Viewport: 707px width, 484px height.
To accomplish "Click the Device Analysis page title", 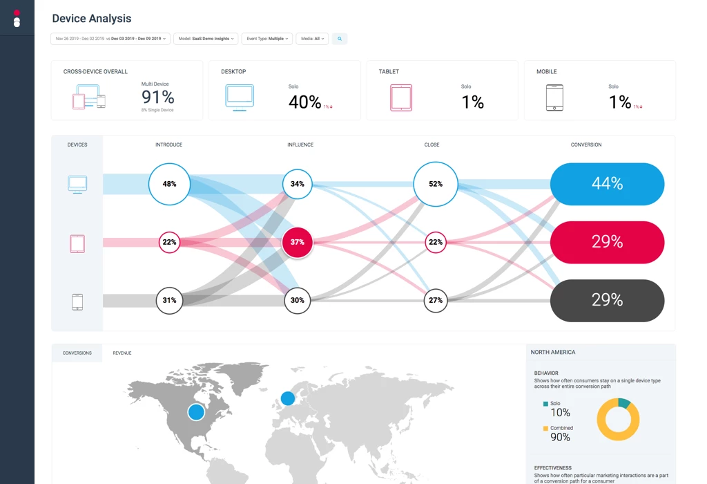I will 91,19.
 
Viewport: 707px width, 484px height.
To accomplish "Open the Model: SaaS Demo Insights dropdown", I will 206,39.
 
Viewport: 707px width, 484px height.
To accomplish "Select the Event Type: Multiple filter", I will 267,39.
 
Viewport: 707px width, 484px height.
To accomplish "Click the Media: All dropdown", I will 312,39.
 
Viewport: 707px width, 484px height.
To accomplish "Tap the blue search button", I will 340,39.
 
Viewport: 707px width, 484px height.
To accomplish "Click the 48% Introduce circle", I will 169,184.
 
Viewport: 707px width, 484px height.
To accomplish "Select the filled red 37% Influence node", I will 297,242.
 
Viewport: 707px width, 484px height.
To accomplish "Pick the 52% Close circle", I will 435,184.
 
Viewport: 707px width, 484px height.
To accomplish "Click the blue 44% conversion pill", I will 607,184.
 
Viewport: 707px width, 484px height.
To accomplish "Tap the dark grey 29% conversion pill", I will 607,300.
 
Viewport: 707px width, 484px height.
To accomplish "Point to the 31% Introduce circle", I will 169,300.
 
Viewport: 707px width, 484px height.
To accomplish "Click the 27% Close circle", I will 435,300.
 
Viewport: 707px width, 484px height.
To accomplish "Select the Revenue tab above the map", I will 122,353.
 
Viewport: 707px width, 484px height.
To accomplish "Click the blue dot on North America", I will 196,412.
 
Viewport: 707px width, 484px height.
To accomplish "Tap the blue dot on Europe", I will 287,398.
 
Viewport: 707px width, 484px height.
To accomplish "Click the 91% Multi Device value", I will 157,97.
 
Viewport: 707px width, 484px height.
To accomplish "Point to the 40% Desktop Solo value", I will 304,102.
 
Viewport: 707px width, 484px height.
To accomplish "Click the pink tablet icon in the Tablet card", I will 401,98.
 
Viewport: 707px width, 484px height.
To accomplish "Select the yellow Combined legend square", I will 545,429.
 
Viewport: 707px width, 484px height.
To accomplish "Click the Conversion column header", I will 586,145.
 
